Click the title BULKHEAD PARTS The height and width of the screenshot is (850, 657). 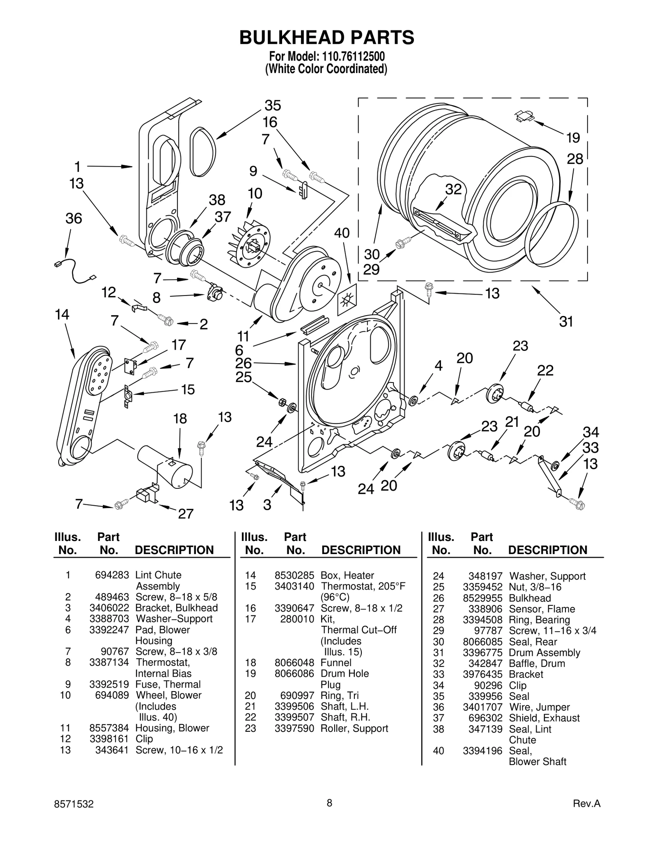(x=327, y=37)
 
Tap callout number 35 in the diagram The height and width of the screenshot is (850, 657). (x=273, y=105)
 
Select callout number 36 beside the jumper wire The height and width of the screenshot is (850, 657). (x=74, y=218)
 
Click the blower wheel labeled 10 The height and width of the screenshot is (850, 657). (x=250, y=246)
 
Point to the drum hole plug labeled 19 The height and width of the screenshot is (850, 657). (x=525, y=117)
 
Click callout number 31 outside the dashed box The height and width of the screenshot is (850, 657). (x=566, y=321)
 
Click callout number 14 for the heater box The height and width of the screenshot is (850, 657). (x=62, y=315)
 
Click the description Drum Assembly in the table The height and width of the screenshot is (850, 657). (x=544, y=653)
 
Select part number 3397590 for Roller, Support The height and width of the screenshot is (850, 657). (x=294, y=729)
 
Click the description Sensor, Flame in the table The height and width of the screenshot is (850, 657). (x=542, y=609)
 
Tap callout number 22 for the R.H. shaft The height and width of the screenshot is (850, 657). (x=545, y=371)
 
